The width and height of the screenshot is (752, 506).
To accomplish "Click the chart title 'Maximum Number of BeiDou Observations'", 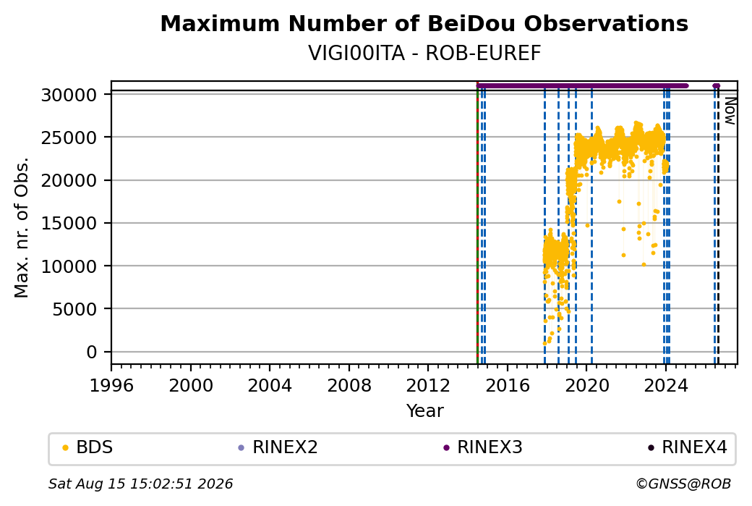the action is point(424,23).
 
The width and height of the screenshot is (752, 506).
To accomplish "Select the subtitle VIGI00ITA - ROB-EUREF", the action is point(424,54).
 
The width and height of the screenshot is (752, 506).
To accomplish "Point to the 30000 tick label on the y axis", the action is point(69,95).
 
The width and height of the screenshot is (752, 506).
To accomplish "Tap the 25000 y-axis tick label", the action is point(69,138).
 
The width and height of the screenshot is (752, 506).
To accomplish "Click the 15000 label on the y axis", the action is point(69,224).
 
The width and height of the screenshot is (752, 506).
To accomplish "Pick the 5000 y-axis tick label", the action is point(74,310).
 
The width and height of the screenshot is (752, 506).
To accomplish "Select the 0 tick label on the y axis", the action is point(92,353).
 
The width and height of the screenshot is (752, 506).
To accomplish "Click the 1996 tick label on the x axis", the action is point(112,386).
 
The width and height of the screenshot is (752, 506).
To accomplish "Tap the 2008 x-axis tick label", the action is point(349,386).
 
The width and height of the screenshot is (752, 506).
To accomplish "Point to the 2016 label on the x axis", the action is point(508,386).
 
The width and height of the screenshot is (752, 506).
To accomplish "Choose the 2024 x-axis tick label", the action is point(666,386).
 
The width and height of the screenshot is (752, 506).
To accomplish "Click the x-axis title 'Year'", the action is point(425,411).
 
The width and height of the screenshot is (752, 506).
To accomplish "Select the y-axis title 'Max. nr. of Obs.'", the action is point(22,227).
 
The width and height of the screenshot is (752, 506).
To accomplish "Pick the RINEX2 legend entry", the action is point(278,447).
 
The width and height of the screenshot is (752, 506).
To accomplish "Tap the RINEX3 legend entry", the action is point(482,447).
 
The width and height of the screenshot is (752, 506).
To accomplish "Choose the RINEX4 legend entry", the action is point(688,447).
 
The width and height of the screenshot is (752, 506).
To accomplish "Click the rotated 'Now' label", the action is point(730,111).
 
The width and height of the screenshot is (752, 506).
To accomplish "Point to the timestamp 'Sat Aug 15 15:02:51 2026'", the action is point(140,484).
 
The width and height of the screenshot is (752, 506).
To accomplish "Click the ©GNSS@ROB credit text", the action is point(683,484).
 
